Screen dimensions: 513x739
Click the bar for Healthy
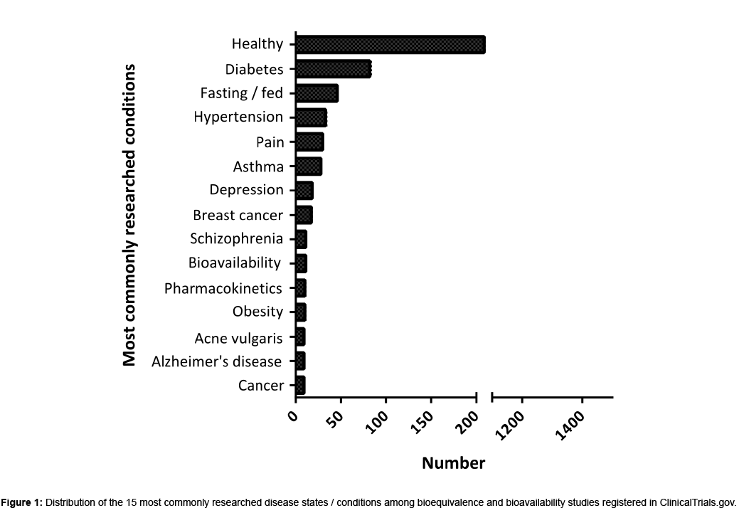point(390,44)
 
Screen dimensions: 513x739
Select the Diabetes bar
point(333,69)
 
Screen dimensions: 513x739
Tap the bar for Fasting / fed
point(317,93)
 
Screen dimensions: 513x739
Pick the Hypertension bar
point(311,117)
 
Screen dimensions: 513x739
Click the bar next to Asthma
point(309,166)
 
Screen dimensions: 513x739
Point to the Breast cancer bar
point(304,215)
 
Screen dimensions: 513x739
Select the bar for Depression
point(304,191)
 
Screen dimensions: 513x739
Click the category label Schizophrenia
point(236,239)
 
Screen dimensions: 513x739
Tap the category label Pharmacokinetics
point(223,288)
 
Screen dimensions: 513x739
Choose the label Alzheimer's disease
point(217,361)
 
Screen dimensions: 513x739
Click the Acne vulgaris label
point(238,337)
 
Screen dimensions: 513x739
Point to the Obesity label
point(257,312)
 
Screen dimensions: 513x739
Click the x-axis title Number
point(453,463)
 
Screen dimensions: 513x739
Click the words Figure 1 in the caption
point(22,502)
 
